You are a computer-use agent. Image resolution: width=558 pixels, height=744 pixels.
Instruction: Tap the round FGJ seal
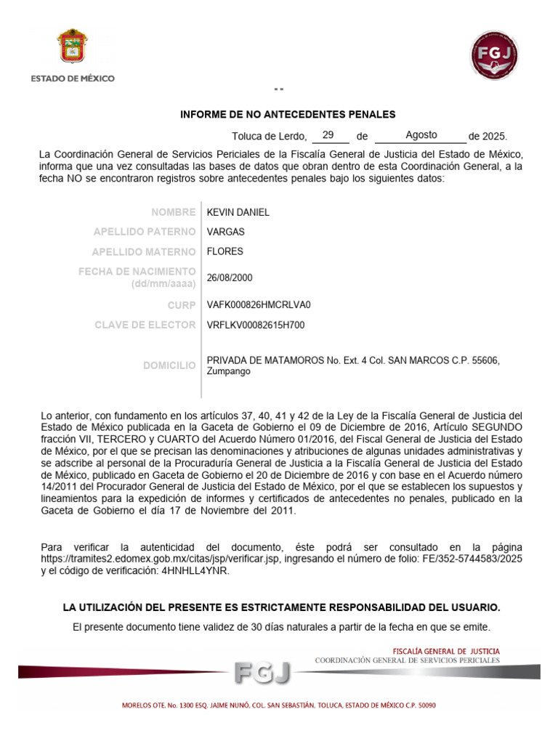(495, 56)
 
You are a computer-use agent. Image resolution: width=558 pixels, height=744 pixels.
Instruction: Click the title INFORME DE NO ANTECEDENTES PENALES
(288, 115)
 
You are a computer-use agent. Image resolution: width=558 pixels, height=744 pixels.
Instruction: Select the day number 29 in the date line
(328, 135)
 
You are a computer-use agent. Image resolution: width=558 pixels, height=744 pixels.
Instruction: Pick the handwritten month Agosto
(421, 135)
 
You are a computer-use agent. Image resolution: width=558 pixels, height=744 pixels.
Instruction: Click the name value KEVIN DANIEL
(238, 212)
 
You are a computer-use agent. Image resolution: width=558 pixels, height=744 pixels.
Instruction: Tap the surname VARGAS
(226, 232)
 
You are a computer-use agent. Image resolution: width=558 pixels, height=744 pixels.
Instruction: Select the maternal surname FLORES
(225, 251)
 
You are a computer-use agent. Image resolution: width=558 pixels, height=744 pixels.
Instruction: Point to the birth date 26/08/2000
(230, 278)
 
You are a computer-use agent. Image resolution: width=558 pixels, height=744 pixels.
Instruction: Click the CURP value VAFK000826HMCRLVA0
(254, 305)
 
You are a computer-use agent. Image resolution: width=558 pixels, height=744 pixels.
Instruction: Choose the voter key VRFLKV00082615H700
(256, 325)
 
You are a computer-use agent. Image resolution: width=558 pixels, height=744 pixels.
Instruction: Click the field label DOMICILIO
(169, 365)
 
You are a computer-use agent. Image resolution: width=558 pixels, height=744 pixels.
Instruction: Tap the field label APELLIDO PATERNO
(145, 232)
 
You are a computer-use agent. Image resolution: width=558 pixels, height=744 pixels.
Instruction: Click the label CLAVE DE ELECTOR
(145, 325)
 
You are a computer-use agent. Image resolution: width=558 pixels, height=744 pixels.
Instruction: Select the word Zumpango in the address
(229, 371)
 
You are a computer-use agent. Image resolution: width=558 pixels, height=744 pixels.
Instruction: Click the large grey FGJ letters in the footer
(262, 673)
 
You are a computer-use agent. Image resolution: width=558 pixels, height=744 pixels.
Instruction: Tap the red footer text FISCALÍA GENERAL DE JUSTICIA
(446, 651)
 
